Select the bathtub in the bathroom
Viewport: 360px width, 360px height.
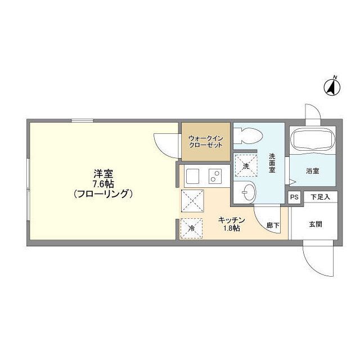click(x=313, y=139)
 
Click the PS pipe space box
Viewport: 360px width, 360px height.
click(x=294, y=197)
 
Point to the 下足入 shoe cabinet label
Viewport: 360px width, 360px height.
click(x=320, y=197)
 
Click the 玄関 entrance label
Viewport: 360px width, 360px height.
click(x=316, y=224)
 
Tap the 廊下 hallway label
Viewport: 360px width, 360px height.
click(x=273, y=225)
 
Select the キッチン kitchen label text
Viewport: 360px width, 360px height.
click(x=231, y=220)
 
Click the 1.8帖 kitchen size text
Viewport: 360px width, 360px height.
click(x=232, y=228)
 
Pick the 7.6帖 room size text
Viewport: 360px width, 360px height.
click(x=103, y=184)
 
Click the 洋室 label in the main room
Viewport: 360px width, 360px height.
click(x=103, y=174)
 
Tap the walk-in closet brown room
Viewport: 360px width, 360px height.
click(x=206, y=142)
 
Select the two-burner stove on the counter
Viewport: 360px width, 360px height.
click(x=215, y=176)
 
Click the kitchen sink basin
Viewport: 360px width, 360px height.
click(x=192, y=176)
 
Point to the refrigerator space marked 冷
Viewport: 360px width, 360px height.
click(x=191, y=228)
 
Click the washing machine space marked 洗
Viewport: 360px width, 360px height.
click(x=246, y=165)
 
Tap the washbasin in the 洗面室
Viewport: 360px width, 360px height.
click(x=246, y=192)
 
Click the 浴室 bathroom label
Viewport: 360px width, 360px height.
click(x=313, y=171)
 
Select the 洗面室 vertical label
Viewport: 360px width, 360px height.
click(x=272, y=163)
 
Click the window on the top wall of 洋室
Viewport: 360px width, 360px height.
click(x=83, y=120)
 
